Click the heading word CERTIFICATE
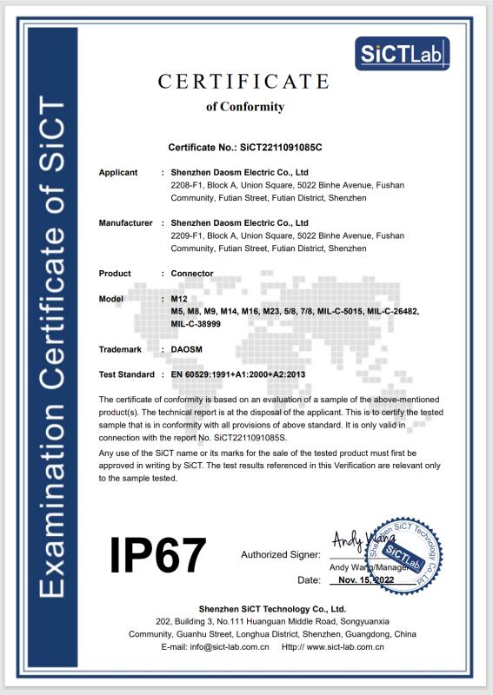coord(243,82)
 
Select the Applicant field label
coord(118,173)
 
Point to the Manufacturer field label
coord(126,223)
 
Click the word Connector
coord(192,274)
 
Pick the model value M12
coord(179,299)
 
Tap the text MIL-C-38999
coord(196,323)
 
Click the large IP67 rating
coord(157,554)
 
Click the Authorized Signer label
coord(278,554)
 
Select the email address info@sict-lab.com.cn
coord(225,646)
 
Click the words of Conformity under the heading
coord(244,107)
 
